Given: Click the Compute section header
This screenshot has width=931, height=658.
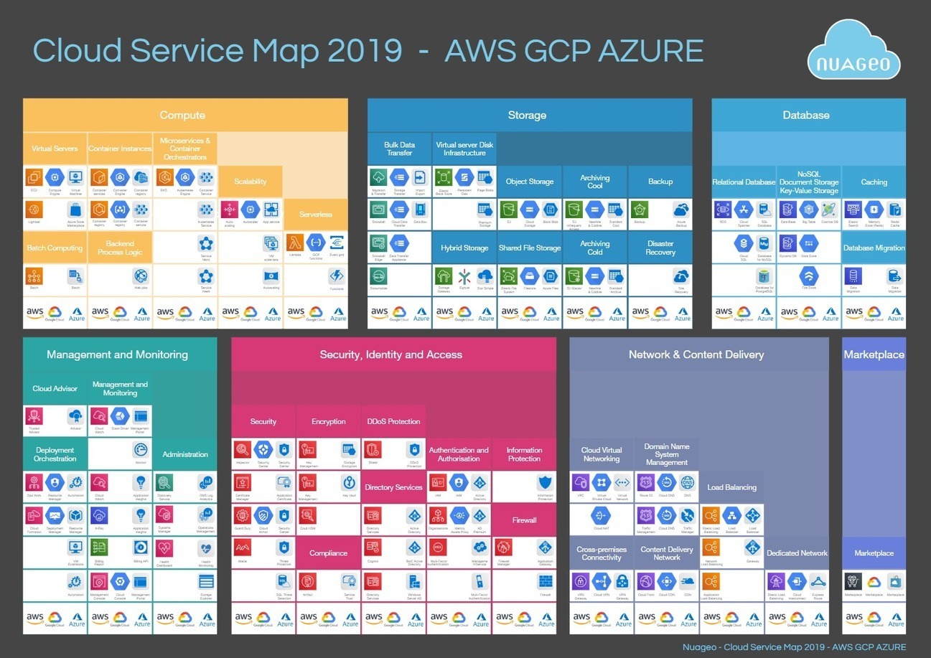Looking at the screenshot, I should tap(182, 115).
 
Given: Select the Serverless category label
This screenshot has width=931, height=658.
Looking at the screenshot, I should tap(316, 214).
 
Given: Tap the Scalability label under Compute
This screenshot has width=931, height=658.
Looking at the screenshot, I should tap(251, 182).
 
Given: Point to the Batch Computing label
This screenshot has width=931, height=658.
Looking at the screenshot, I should tap(55, 248).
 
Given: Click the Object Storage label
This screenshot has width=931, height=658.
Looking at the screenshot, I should tap(530, 182).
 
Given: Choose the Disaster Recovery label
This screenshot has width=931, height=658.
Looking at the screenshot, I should tap(660, 248).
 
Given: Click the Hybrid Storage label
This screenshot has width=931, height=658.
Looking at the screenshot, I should tap(464, 248).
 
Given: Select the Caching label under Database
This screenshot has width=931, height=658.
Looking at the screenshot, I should tap(874, 182).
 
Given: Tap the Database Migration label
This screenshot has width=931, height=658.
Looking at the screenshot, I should tap(874, 248).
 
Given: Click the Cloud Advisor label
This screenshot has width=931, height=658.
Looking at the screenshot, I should tap(55, 388).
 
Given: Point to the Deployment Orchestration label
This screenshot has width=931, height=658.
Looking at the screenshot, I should tap(55, 454).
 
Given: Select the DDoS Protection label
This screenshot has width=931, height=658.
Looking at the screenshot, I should tap(393, 421).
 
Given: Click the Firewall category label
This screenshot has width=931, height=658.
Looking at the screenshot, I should tap(524, 520).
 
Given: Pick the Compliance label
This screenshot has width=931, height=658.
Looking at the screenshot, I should tap(329, 553).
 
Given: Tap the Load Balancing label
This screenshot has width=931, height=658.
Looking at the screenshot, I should tap(731, 487).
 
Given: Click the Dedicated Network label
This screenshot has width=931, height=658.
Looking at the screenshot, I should tap(797, 553).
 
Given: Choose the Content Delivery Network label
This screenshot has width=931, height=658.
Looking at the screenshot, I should tap(667, 553).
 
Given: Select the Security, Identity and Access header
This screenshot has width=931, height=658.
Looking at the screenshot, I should tap(391, 354).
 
